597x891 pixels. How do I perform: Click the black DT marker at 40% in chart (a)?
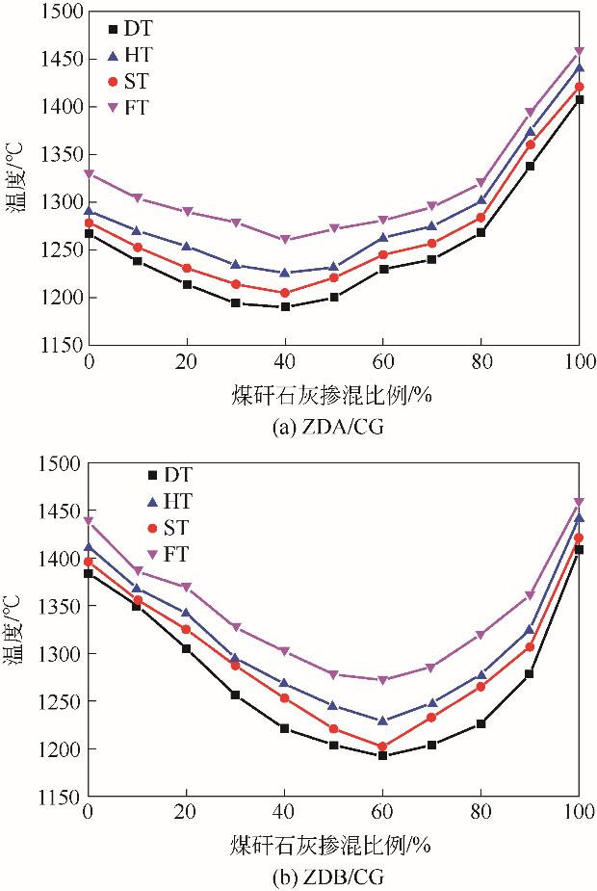(x=285, y=306)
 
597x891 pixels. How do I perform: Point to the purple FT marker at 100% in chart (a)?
(x=579, y=51)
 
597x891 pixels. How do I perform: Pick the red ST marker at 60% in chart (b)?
(x=382, y=747)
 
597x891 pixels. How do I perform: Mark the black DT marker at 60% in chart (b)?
(x=382, y=755)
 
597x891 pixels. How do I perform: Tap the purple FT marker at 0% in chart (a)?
(x=90, y=174)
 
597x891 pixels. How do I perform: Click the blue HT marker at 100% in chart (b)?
(x=579, y=517)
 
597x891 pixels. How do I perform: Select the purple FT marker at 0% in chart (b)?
(x=90, y=521)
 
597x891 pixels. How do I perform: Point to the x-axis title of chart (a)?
(x=332, y=396)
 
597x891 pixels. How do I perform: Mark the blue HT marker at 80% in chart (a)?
(x=480, y=199)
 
